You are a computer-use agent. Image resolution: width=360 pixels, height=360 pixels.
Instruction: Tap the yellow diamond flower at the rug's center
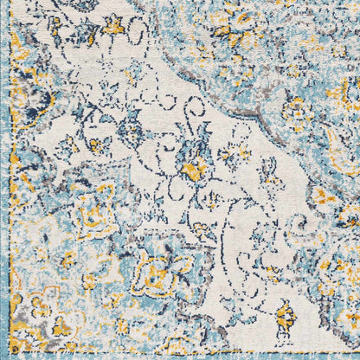click(x=195, y=166)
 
